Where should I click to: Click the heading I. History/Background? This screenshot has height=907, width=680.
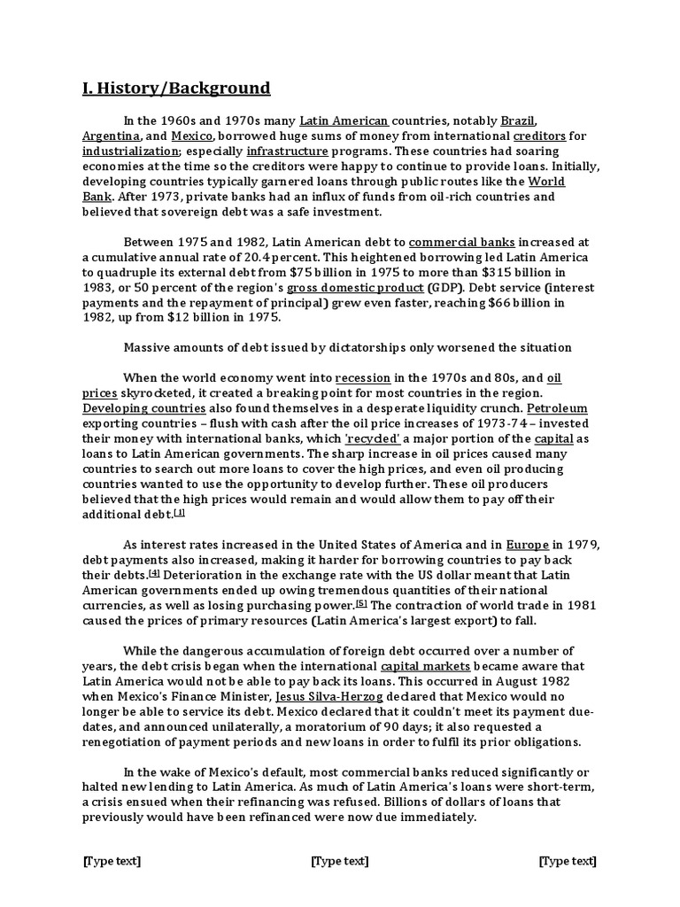tap(176, 88)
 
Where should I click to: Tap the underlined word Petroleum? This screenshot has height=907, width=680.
tap(557, 409)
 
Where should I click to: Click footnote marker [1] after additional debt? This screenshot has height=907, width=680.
tap(180, 512)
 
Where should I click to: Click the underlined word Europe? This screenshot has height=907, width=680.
tap(528, 544)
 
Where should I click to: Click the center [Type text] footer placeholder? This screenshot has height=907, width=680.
tap(340, 862)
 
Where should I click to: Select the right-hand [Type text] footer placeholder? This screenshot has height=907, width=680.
tap(568, 862)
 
